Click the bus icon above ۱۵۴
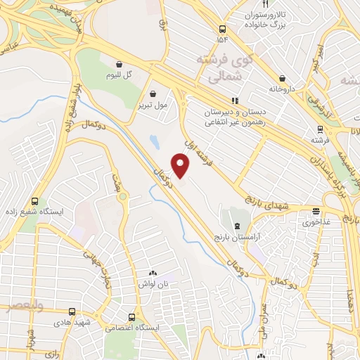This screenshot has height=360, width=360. point(222,30)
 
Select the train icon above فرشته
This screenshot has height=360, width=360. point(320,129)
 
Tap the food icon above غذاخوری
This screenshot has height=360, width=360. point(316,210)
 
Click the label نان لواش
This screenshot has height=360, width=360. point(153,283)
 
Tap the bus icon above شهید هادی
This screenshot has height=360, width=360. point(72,311)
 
